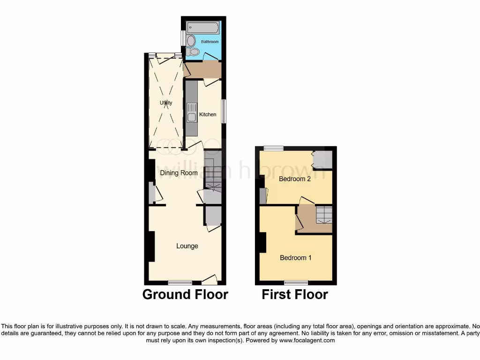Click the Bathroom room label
point(210,42)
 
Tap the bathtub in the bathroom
point(202,27)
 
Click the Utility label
point(166,103)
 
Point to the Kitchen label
point(208,114)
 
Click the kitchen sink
point(192,118)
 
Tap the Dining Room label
point(179,173)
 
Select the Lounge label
point(187,246)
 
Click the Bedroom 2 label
point(295,179)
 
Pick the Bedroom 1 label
point(296,258)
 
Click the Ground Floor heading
point(185,294)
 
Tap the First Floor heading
point(294,294)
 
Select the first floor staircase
point(323,215)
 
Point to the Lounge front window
point(180,283)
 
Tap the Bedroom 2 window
point(273,148)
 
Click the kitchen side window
point(224,112)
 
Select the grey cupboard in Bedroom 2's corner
point(323,160)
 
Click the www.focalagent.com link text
point(307,341)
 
